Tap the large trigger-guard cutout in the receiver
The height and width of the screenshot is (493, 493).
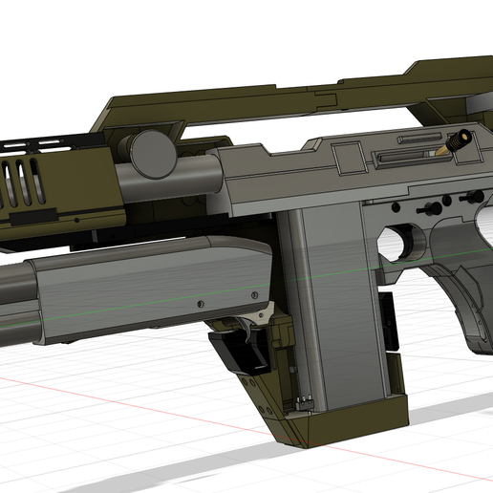[402, 245]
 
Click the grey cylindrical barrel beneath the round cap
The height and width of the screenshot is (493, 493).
[182, 177]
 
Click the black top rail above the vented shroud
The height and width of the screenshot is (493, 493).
[48, 145]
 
